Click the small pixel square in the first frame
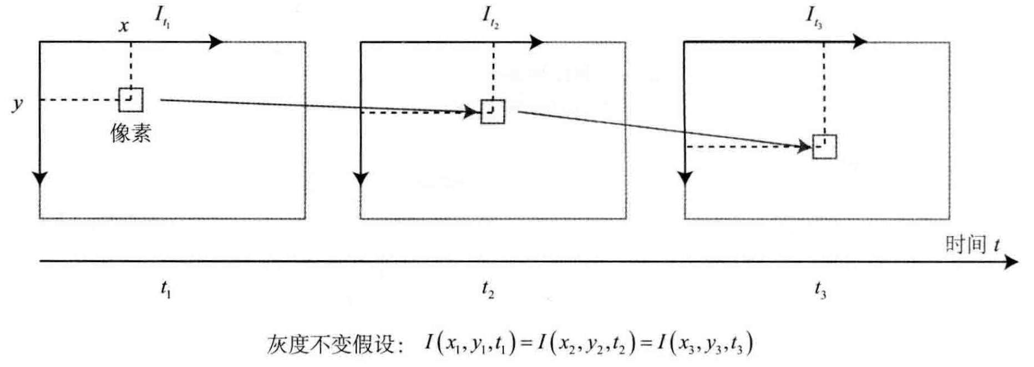pyautogui.click(x=131, y=100)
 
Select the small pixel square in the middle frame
pyautogui.click(x=493, y=112)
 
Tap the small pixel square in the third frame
pyautogui.click(x=824, y=147)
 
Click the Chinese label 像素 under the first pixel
pyautogui.click(x=131, y=133)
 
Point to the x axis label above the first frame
pyautogui.click(x=124, y=26)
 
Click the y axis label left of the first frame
pyautogui.click(x=18, y=103)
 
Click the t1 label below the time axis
pyautogui.click(x=165, y=289)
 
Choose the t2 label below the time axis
pyautogui.click(x=488, y=289)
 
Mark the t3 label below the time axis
pyautogui.click(x=820, y=289)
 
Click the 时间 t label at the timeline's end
pyautogui.click(x=972, y=244)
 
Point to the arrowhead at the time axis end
pyautogui.click(x=1012, y=262)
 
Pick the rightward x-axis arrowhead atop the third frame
pyautogui.click(x=859, y=41)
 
